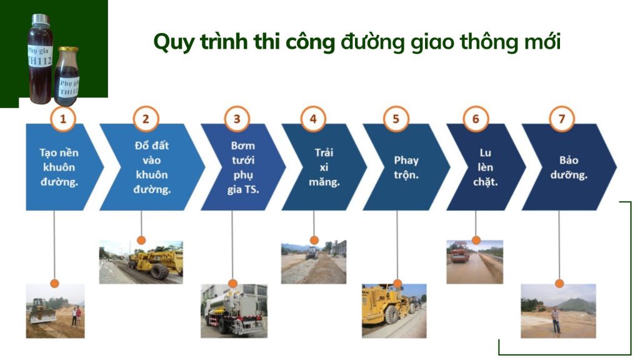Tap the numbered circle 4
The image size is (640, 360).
point(313,118)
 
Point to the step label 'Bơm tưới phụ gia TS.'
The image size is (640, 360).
point(242,167)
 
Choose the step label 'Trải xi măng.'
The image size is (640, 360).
point(324,167)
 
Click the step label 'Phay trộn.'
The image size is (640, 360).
point(406,166)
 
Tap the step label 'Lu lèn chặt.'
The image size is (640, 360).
point(485,167)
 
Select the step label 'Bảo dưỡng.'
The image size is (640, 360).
point(569,167)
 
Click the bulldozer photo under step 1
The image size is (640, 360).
point(55,311)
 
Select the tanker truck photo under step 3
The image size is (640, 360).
point(234,311)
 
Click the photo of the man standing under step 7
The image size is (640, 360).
point(558,311)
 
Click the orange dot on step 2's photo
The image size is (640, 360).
point(141,240)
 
